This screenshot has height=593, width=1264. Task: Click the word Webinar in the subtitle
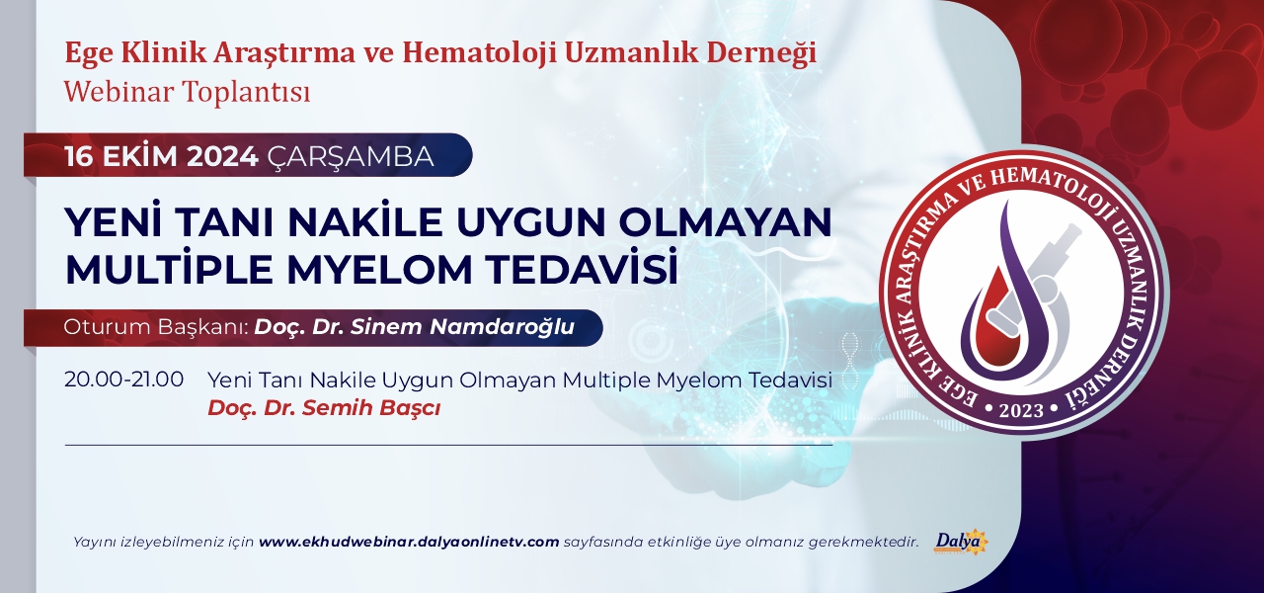point(119,92)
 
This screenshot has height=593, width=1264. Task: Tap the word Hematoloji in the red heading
point(477,53)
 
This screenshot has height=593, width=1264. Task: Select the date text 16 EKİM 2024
point(161,157)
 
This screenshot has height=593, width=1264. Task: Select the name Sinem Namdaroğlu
point(463,327)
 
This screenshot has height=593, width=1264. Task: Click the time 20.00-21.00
point(124,380)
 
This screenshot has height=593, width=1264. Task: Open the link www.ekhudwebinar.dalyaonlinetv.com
point(409,543)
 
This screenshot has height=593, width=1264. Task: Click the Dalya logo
point(962,544)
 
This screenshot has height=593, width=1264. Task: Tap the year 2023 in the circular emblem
point(1021,409)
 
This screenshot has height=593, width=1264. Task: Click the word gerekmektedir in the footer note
point(863,543)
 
